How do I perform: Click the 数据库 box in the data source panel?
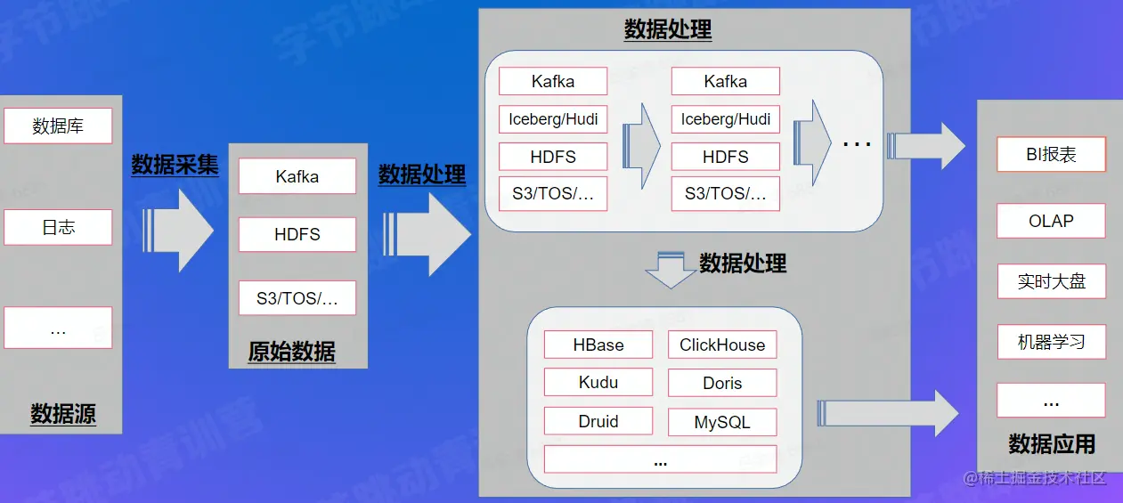(x=58, y=126)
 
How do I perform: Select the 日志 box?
(x=58, y=227)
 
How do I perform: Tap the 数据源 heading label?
(x=63, y=414)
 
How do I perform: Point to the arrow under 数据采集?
(x=180, y=228)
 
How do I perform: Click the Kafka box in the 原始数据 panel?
(x=297, y=176)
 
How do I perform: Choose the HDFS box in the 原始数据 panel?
(x=297, y=235)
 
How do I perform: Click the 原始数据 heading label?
(x=292, y=352)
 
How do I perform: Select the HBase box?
(x=598, y=345)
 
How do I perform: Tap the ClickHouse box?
(x=722, y=345)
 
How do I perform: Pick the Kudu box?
(x=598, y=383)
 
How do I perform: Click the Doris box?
(x=722, y=383)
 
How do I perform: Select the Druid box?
(x=598, y=422)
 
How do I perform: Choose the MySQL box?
(x=722, y=422)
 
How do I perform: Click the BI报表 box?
(x=1051, y=154)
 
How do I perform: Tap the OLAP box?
(x=1051, y=221)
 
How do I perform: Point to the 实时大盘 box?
(x=1051, y=281)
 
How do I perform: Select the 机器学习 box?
(x=1051, y=342)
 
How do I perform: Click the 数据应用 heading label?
(x=1052, y=443)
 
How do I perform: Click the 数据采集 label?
(x=175, y=165)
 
